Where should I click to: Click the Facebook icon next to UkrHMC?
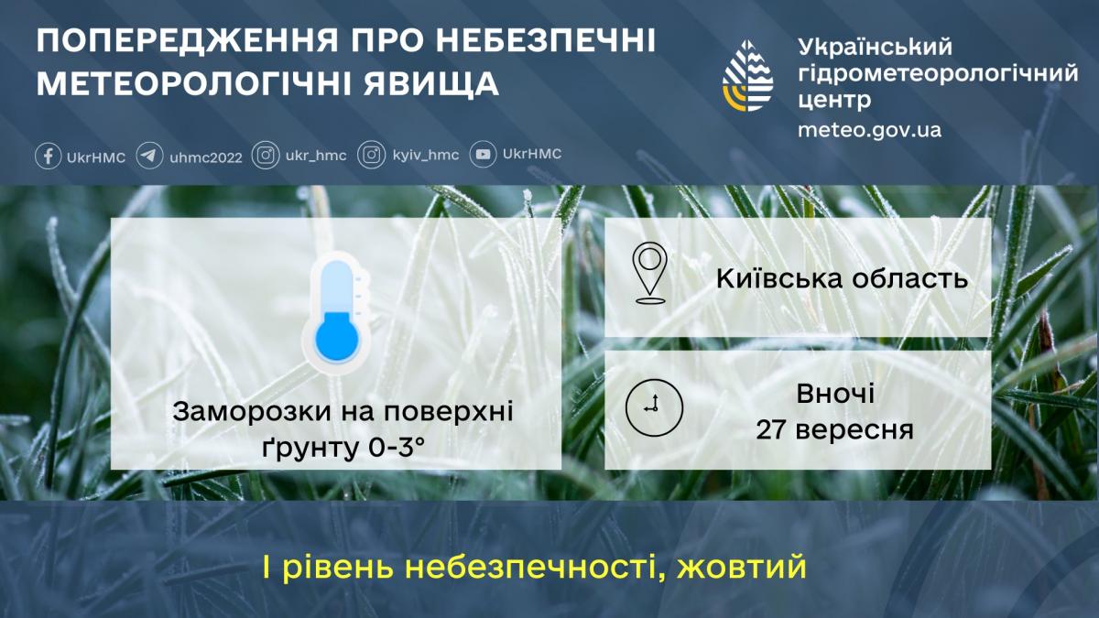(x=49, y=156)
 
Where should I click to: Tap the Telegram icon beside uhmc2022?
(x=150, y=156)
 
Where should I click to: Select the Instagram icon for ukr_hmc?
(x=266, y=156)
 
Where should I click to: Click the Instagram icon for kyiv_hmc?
(x=371, y=156)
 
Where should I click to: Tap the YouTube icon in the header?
(x=484, y=155)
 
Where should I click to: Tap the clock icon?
(x=654, y=406)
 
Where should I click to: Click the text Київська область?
(x=842, y=277)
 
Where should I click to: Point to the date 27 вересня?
(x=834, y=428)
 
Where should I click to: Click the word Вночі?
(x=834, y=395)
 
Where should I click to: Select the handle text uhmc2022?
(x=206, y=157)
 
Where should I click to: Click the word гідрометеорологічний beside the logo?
(x=938, y=73)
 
